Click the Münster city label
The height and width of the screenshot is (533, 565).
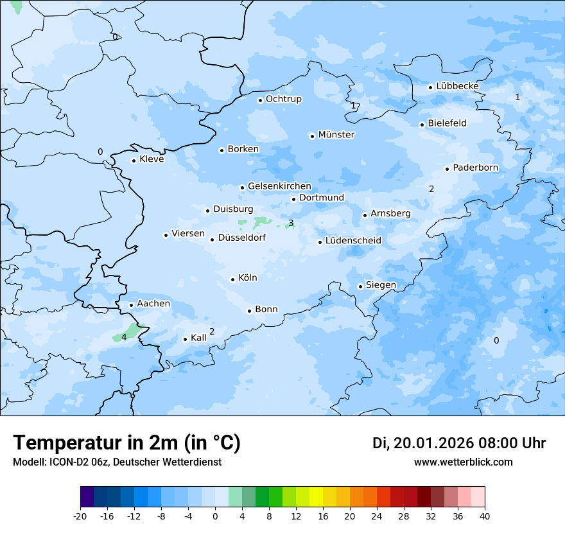tap(336, 135)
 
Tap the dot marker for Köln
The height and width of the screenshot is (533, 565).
tap(232, 279)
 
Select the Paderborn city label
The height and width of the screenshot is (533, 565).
tap(475, 168)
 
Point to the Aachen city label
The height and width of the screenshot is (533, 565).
tap(153, 304)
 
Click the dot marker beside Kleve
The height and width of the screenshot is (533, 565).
tap(134, 161)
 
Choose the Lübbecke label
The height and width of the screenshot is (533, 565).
tap(457, 86)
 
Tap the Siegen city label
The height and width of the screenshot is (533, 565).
tap(381, 285)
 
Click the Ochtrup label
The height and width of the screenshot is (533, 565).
tap(283, 99)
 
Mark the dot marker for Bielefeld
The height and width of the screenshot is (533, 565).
tap(422, 125)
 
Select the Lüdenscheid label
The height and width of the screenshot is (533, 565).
tap(353, 241)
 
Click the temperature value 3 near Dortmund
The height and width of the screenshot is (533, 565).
tap(291, 223)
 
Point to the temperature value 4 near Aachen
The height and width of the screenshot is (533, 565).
tap(124, 337)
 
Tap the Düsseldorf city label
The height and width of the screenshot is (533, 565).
tap(241, 238)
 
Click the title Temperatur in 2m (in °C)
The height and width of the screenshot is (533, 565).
tap(126, 443)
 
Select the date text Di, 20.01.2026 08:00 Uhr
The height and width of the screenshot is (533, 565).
tap(459, 443)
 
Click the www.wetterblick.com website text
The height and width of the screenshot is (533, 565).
tap(463, 462)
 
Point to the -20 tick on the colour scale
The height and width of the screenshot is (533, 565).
tap(80, 516)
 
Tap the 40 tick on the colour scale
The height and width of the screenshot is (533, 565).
tap(485, 516)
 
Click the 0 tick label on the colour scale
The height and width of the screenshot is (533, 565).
tap(215, 516)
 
